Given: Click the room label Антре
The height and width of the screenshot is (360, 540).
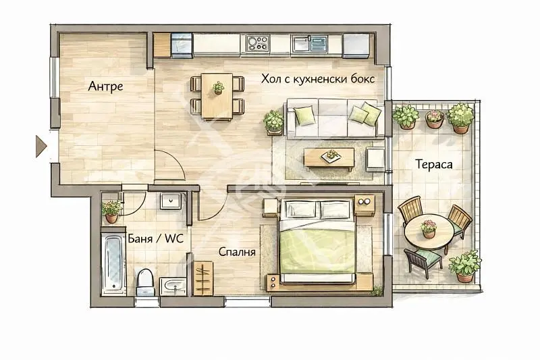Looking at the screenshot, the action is coord(105,86).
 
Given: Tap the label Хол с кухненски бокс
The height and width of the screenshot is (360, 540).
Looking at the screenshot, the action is coord(317,79).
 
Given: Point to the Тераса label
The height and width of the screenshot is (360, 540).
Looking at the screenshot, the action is coord(433,164).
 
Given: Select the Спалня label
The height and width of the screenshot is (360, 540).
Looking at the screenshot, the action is coord(237,252).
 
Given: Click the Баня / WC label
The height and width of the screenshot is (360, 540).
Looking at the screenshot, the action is coord(156,238).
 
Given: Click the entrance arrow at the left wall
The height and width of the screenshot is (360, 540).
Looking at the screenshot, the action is coord(40,146).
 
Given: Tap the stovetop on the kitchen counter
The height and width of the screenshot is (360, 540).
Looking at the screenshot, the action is coord(258,43).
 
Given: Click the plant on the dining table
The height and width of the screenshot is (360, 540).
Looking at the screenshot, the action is coord(217,88).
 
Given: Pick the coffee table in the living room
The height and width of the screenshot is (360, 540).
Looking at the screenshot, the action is coord(329,159).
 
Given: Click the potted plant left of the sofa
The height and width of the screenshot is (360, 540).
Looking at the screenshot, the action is coord(274,122).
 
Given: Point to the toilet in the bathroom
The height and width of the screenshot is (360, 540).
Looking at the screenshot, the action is coord(145,282).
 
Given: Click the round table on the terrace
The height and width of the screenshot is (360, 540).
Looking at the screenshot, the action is coord(429,232).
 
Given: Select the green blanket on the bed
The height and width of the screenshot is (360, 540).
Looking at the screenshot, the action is coord(317,251).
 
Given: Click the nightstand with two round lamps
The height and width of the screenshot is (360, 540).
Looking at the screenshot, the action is coord(364,205).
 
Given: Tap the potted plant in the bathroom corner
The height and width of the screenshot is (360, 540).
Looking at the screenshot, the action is coord(111,211).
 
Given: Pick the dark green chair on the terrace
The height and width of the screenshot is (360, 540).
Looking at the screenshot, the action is coord(423,262).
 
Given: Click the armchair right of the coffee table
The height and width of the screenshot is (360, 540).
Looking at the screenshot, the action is coord(375,159).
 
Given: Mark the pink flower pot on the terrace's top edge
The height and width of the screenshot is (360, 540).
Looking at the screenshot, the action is coord(435,119).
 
